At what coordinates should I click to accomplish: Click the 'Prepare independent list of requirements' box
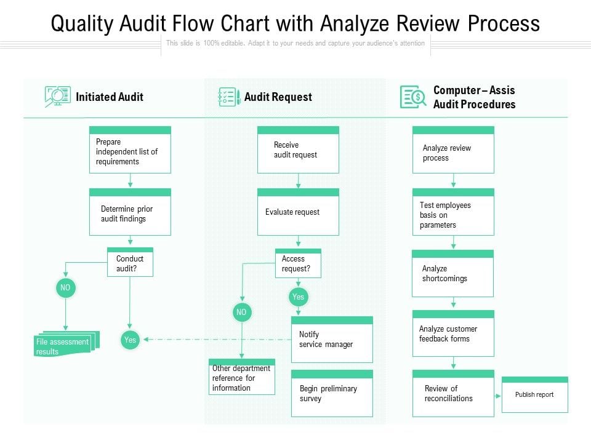130,150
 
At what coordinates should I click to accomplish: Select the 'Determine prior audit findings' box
130,212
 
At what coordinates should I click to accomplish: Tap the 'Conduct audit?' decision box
130,262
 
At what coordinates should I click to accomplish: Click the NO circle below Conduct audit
66,288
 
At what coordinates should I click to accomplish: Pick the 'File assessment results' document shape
66,344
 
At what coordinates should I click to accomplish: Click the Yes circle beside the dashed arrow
130,340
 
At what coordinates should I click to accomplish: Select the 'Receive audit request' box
298,150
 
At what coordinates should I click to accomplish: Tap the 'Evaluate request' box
298,212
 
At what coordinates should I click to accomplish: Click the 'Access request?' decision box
298,263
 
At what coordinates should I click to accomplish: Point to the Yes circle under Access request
298,297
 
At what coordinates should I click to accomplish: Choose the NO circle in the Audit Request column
241,313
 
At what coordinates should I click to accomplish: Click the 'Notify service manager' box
332,340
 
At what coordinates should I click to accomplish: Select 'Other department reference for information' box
242,377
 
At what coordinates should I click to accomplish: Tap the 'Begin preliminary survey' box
332,393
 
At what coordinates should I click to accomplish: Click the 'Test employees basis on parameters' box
454,212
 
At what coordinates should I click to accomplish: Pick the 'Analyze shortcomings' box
452,273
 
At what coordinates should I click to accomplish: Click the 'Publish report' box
535,394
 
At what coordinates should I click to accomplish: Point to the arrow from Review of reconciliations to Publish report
498,396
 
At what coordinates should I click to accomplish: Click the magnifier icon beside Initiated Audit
57,97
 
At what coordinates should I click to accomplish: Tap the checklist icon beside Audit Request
229,97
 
